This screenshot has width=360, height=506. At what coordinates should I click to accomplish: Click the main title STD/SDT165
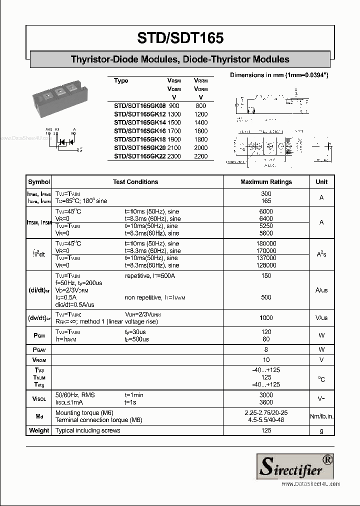180,38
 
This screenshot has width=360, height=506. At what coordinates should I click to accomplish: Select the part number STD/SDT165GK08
139,106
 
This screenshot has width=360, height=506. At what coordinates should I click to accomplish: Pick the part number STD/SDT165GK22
139,156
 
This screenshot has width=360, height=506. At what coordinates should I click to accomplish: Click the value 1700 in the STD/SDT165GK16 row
174,131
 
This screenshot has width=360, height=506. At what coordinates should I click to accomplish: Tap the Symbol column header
39,182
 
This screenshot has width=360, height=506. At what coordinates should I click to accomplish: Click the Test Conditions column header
135,182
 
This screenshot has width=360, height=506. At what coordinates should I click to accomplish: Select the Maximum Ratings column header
266,182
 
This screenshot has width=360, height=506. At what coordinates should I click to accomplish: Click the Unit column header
321,182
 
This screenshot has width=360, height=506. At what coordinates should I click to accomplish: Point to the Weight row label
39,430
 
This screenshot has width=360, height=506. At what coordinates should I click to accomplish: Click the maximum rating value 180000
266,243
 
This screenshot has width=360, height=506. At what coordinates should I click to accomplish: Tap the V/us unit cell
321,318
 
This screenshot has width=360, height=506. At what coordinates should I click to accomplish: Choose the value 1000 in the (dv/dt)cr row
266,318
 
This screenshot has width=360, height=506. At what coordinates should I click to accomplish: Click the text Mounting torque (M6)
84,413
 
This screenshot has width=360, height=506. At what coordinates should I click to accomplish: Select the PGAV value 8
266,349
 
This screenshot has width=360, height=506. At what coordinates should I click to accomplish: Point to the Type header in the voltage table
121,81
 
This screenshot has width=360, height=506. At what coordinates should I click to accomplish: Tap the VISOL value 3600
266,402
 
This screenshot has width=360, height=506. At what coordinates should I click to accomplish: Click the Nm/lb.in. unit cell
321,416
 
